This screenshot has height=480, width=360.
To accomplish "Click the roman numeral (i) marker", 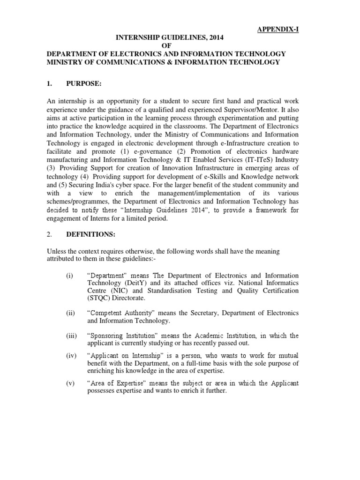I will click(69, 276).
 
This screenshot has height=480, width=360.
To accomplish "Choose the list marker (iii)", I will click(71, 336).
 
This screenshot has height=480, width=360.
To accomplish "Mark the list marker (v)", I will click(70, 383).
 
